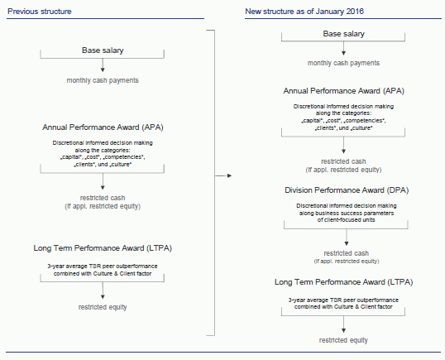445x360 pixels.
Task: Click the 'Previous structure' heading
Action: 40,12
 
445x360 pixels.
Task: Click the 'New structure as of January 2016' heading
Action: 304,12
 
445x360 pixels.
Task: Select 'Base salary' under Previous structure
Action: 103,50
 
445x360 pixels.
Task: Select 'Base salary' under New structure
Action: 344,34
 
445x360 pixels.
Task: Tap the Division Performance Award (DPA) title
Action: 347,190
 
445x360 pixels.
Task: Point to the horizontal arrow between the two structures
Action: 223,175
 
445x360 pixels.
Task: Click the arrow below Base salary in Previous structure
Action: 103,65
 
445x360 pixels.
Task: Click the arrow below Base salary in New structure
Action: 344,48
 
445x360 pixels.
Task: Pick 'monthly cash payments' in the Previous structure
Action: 103,80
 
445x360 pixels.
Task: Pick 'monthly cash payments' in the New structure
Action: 344,63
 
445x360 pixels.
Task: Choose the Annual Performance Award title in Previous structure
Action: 103,127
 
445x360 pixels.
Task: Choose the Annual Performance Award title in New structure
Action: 344,91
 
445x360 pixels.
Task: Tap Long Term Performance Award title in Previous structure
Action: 103,248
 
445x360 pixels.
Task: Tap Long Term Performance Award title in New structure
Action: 344,282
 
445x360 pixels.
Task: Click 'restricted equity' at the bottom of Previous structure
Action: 103,307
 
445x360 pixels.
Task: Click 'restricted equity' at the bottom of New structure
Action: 343,340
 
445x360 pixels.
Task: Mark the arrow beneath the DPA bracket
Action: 347,238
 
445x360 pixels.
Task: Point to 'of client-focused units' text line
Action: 347,220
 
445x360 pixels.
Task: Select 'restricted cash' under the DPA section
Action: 347,253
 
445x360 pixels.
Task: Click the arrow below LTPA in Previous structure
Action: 103,290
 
